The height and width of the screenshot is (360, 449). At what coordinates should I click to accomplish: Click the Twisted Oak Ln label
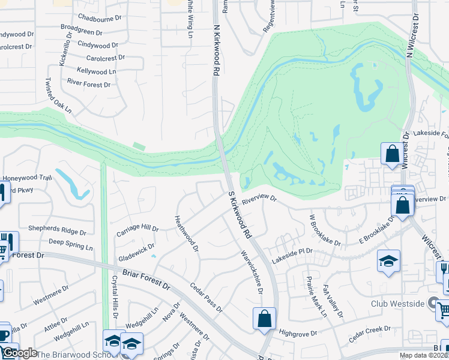tap(59, 95)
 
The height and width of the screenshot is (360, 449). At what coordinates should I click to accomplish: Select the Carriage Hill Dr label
tap(137, 229)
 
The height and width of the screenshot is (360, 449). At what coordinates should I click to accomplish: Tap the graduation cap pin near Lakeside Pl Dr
tap(388, 261)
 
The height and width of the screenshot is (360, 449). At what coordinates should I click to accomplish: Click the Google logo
tap(19, 353)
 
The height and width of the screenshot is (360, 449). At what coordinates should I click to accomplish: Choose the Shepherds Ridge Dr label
tap(59, 232)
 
